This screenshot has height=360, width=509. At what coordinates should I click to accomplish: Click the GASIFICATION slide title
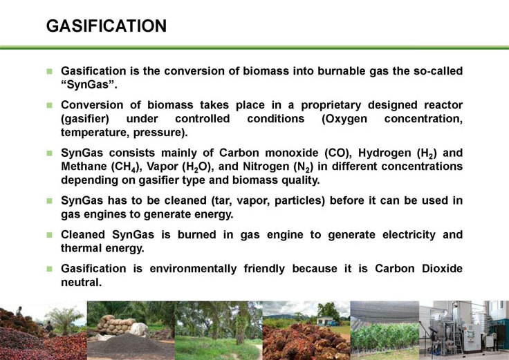[106, 26]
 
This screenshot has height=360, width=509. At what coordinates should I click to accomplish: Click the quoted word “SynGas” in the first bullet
[89, 85]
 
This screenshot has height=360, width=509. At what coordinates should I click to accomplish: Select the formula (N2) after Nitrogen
[303, 167]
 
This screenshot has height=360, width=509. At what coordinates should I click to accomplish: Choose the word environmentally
[193, 269]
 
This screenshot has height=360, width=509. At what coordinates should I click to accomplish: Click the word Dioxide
[442, 269]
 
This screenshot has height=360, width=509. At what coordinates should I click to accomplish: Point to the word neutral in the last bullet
[82, 282]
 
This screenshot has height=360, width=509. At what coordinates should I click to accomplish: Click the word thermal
[78, 248]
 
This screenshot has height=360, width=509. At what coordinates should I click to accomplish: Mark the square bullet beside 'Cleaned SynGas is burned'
[49, 235]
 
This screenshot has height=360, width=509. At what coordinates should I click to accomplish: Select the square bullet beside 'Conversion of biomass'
[49, 106]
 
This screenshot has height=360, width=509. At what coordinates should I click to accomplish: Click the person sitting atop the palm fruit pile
[19, 312]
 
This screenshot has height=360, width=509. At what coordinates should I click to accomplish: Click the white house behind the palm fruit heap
[324, 321]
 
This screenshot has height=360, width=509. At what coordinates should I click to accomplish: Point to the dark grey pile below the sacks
[130, 346]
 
